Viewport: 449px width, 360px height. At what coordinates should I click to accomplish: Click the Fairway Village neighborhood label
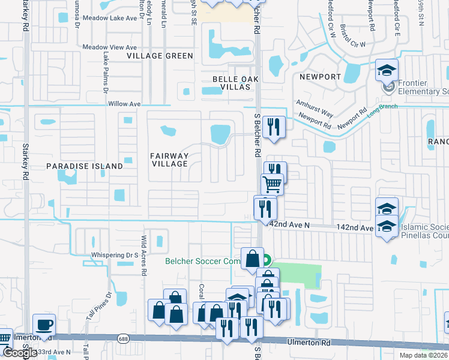tap(169, 160)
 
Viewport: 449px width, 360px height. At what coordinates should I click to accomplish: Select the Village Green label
tap(160, 56)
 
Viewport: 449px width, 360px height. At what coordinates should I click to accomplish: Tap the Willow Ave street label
tap(124, 104)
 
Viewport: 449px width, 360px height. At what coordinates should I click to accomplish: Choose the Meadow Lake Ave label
tap(118, 19)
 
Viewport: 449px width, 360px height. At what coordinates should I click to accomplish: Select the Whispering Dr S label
tap(115, 255)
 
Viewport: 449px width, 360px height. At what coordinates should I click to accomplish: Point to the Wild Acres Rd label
tap(144, 255)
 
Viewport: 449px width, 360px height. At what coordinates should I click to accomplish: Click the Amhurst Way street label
tap(314, 108)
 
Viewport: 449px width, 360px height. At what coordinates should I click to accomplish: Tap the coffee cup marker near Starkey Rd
tap(44, 326)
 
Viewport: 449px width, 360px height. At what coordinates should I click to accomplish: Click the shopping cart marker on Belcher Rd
tap(272, 184)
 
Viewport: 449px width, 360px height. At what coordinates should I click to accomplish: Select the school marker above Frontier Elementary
tap(387, 70)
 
